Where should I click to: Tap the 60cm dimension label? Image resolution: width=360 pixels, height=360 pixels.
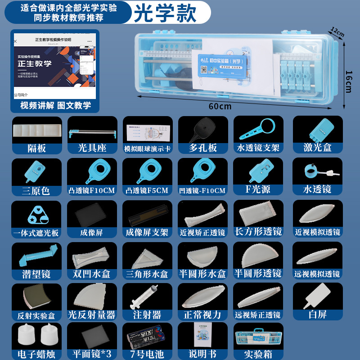(x=220, y=106)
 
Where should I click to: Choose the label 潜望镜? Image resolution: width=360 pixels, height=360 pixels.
(x=36, y=274)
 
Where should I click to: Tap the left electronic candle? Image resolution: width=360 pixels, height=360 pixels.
(x=27, y=336)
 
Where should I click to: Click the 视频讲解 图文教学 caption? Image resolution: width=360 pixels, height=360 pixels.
(x=55, y=106)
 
